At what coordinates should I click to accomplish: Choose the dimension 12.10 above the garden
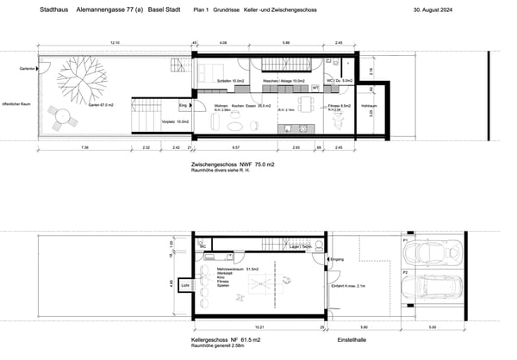click(x=114, y=42)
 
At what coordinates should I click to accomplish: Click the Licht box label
click(x=185, y=285)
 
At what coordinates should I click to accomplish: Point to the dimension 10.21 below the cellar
click(x=258, y=327)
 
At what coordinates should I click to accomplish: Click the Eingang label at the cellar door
click(x=336, y=258)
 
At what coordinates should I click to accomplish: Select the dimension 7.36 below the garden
click(x=84, y=147)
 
